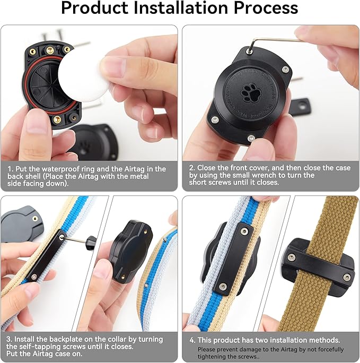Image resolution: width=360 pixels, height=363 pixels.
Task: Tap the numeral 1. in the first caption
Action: click(9, 169)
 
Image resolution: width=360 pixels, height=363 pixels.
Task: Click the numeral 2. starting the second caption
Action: click(192, 168)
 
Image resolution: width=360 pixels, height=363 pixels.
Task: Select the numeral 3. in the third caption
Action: click(9, 339)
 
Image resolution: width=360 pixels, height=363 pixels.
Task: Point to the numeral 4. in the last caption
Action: click(192, 340)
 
